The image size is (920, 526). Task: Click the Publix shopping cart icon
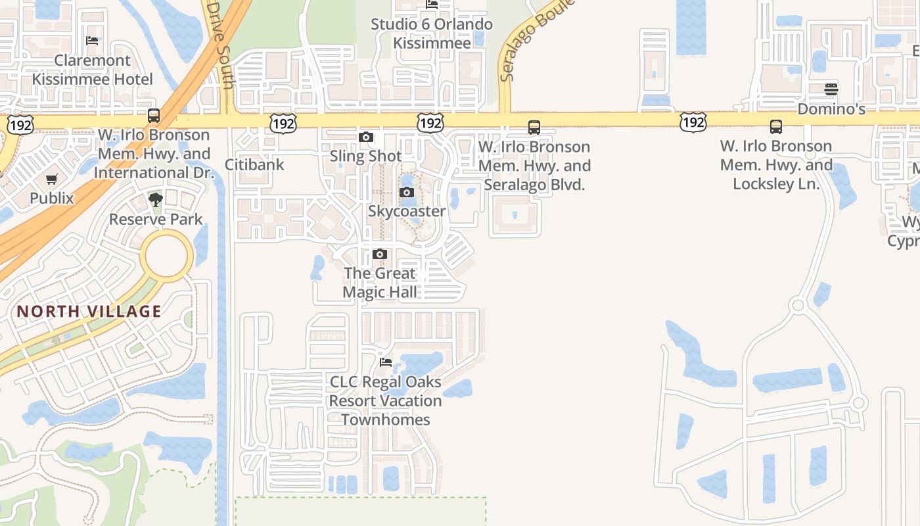tap(52, 179)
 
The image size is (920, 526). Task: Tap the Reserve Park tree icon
tap(156, 200)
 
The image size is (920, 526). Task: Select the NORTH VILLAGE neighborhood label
tap(89, 311)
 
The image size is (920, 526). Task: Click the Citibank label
tap(254, 164)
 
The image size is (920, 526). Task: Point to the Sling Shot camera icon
tap(366, 137)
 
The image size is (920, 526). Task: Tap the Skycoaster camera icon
tap(407, 192)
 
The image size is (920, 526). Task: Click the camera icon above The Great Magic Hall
tap(379, 254)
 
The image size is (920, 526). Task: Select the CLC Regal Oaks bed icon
tap(386, 362)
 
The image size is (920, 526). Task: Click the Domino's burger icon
tap(831, 89)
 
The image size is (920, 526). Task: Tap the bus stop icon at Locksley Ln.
tap(776, 126)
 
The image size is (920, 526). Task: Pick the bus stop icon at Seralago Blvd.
tap(534, 127)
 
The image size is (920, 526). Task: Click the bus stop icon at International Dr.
tap(154, 116)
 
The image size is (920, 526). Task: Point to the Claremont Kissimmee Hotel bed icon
tap(92, 41)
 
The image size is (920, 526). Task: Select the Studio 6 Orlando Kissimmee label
tap(432, 34)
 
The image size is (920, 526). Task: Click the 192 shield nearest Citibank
tap(283, 122)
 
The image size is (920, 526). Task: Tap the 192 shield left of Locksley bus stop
tap(693, 121)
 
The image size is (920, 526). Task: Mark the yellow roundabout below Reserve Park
tap(167, 256)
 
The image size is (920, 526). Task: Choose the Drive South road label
tap(219, 43)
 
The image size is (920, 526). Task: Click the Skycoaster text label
tap(407, 211)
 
